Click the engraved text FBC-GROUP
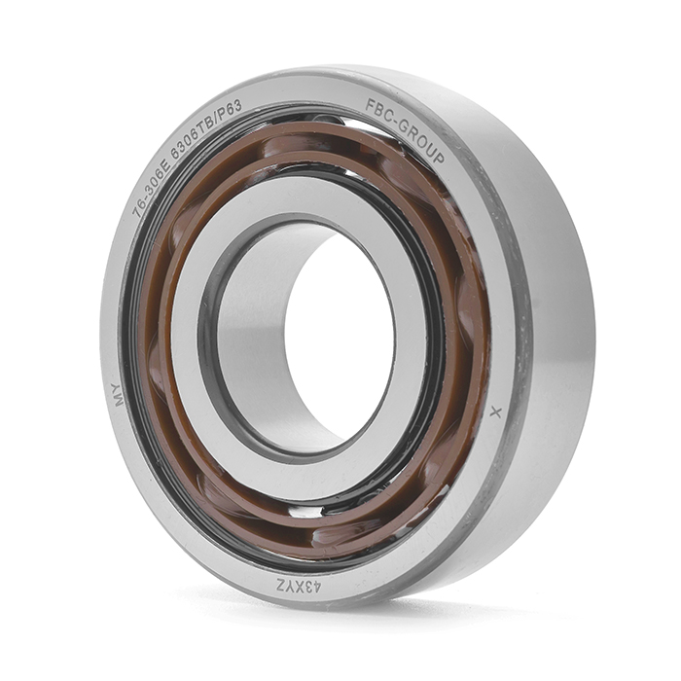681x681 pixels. click(405, 129)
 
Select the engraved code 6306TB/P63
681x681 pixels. click(205, 125)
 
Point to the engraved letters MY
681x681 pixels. click(118, 395)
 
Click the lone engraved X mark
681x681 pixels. click(495, 412)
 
